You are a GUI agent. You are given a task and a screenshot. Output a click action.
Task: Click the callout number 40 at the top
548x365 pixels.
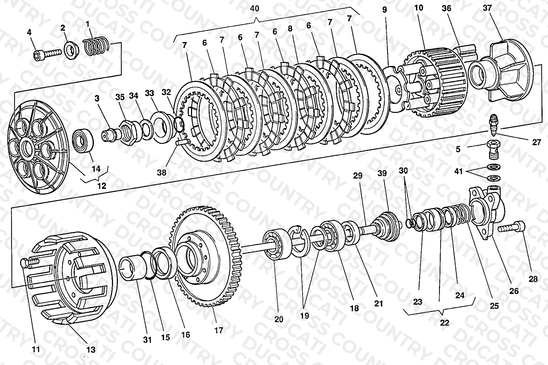coord(255,8)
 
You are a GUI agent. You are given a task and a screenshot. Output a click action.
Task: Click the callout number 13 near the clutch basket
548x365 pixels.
coord(91,350)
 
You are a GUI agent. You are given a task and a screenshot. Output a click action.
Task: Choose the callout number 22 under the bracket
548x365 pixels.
coord(445,323)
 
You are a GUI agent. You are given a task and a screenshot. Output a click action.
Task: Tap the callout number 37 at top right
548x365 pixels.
coord(487,8)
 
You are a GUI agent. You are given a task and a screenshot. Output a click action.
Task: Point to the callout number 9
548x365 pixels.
coord(384,10)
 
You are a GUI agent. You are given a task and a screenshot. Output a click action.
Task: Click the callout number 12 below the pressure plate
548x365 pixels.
coord(102,186)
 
